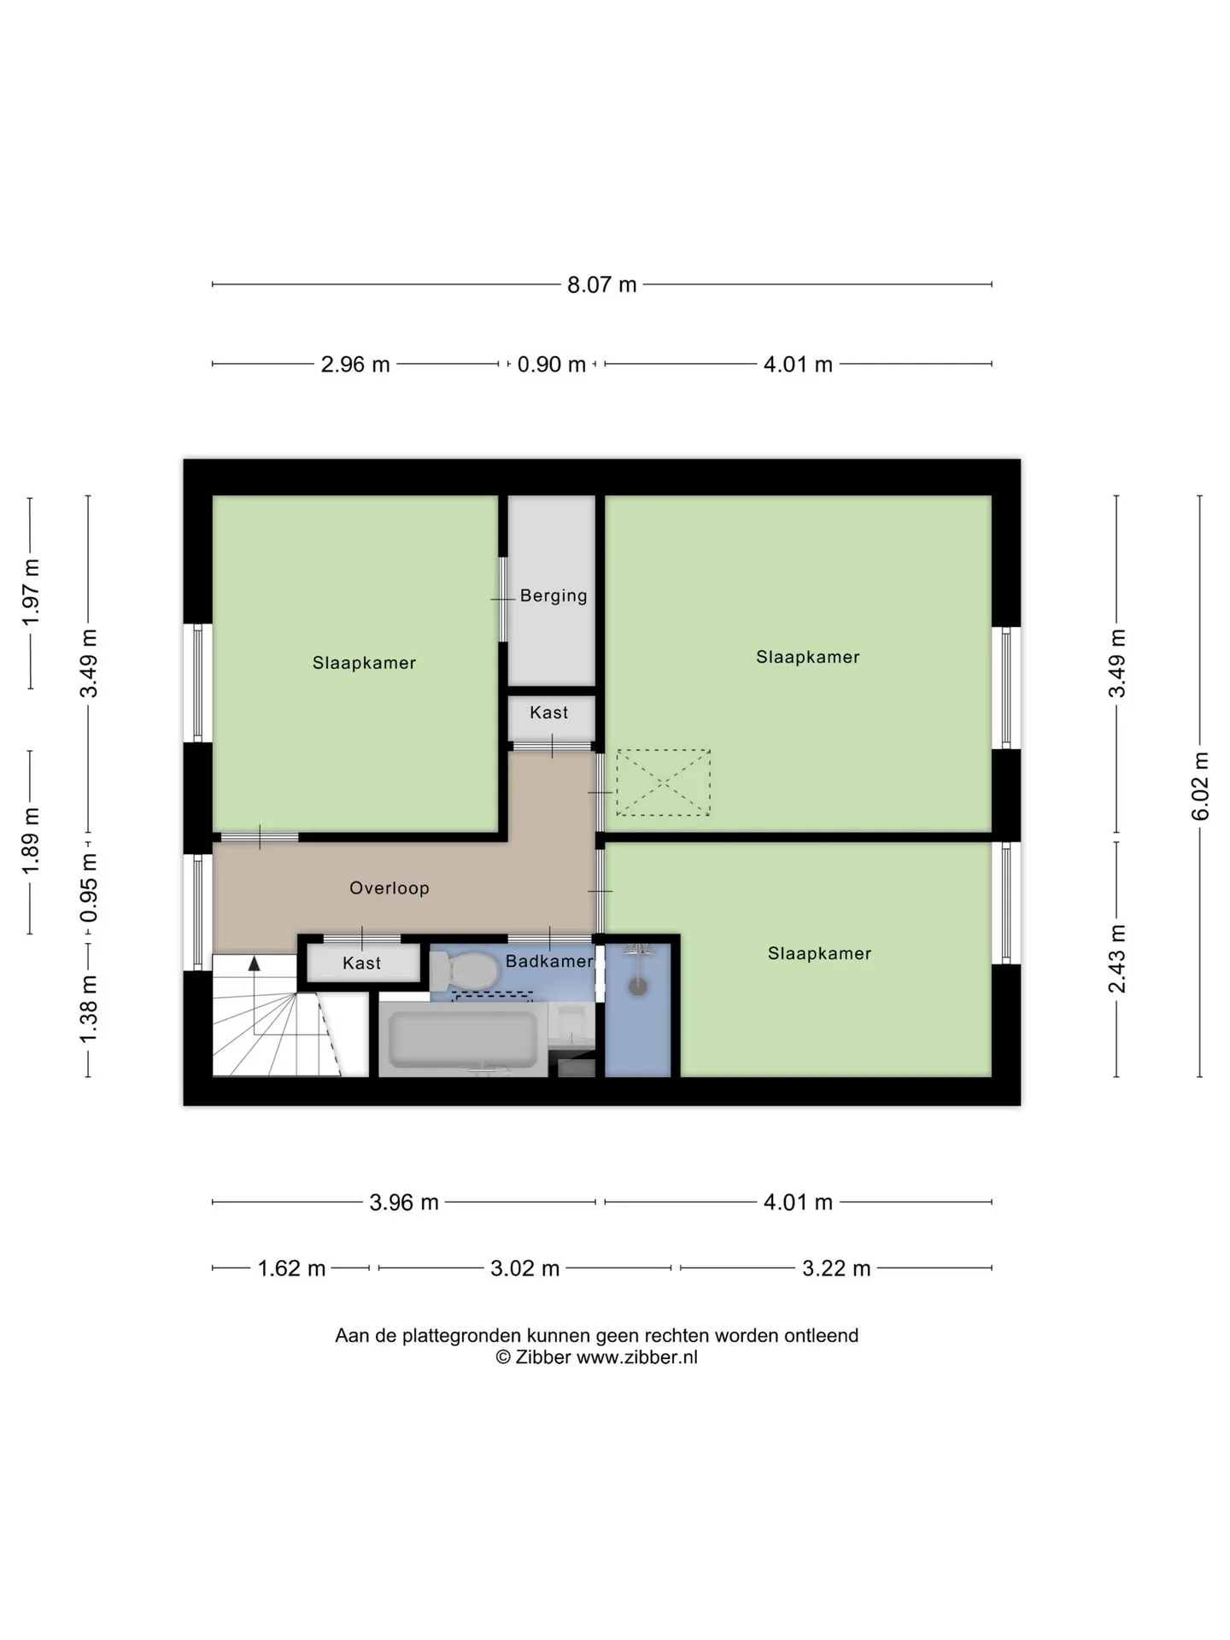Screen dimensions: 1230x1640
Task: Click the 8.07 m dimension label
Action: pyautogui.click(x=602, y=284)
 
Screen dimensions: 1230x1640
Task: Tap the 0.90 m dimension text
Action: pyautogui.click(x=551, y=365)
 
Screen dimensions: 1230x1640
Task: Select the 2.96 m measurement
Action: pyautogui.click(x=355, y=365)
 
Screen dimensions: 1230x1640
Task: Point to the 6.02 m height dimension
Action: pyautogui.click(x=1200, y=786)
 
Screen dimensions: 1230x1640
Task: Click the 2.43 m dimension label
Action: pyautogui.click(x=1116, y=959)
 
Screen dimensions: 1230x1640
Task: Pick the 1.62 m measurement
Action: pyautogui.click(x=292, y=1268)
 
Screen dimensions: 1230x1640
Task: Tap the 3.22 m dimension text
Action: pyautogui.click(x=836, y=1268)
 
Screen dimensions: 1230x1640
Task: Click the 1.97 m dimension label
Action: pyautogui.click(x=31, y=591)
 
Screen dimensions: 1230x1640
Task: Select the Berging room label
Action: pyautogui.click(x=553, y=595)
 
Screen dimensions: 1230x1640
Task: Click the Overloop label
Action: pyautogui.click(x=389, y=888)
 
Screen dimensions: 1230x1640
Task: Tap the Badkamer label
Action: pyautogui.click(x=549, y=961)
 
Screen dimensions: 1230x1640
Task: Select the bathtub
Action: pyautogui.click(x=463, y=1040)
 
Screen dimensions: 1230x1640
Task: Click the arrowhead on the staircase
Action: pyautogui.click(x=254, y=963)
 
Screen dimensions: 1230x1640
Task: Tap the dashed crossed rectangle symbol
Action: pyautogui.click(x=664, y=782)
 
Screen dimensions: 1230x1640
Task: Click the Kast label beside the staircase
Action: pyautogui.click(x=362, y=963)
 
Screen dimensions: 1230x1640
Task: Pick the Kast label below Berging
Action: pyautogui.click(x=549, y=712)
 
